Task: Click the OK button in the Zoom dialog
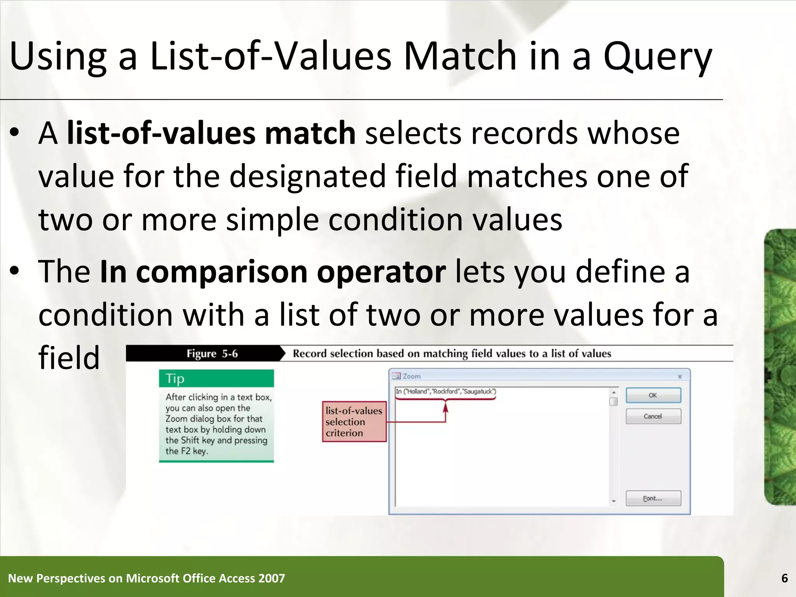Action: click(653, 395)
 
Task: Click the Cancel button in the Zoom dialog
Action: click(653, 416)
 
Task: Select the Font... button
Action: click(653, 498)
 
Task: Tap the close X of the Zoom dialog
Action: click(680, 377)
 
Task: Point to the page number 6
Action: click(784, 578)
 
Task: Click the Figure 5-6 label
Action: click(212, 354)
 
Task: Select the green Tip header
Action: click(216, 378)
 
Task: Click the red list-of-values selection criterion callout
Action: click(354, 422)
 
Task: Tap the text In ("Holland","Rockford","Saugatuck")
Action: click(445, 391)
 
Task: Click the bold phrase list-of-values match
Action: click(211, 133)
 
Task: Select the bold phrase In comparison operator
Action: click(272, 271)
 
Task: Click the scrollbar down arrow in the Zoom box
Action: click(614, 501)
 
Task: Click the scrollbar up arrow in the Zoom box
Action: click(614, 392)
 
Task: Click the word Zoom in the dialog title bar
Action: click(412, 376)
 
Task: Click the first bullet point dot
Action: click(14, 133)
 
